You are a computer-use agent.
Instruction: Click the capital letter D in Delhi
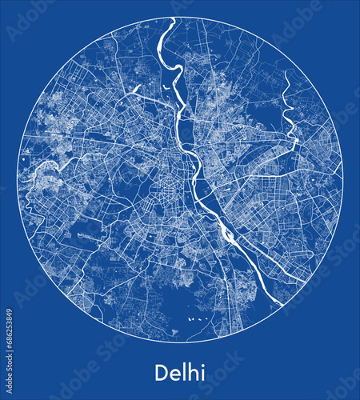point(160,373)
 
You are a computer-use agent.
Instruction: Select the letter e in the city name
point(174,374)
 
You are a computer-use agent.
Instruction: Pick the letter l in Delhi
point(183,372)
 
